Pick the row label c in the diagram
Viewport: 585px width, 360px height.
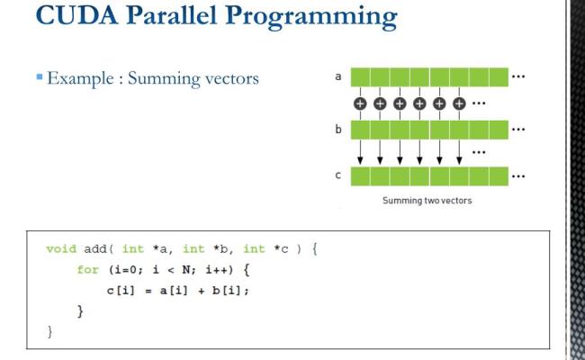coord(337,175)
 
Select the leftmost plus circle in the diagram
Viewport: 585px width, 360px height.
coord(360,103)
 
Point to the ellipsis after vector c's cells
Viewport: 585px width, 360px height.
coord(518,175)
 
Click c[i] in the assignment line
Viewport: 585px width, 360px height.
coord(121,289)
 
